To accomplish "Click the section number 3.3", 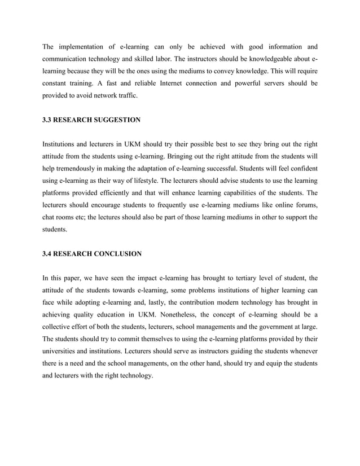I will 47,120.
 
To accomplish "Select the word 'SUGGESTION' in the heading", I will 116,120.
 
